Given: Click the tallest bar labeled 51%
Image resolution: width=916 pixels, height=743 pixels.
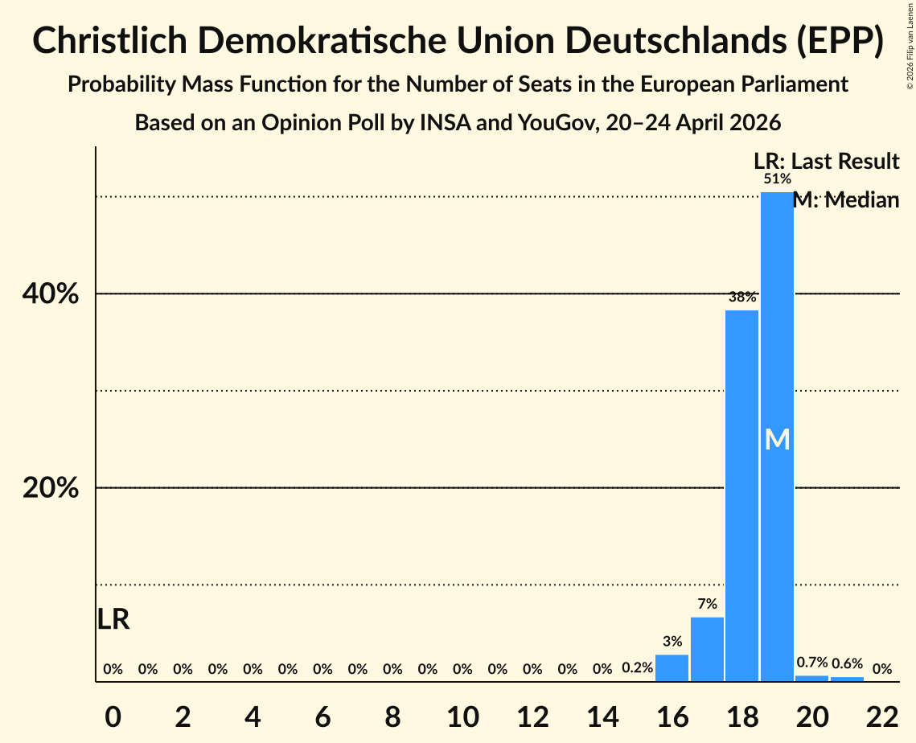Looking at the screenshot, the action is [777, 437].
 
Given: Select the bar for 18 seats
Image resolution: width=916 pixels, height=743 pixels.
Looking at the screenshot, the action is [742, 496].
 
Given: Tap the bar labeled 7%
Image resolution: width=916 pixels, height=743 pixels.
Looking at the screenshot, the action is [707, 650].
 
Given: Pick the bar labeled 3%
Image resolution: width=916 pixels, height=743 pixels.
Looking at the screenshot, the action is [672, 668].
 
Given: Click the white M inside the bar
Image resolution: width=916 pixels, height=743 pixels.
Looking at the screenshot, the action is [777, 439].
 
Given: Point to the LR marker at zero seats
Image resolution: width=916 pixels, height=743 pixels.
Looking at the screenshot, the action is [113, 619].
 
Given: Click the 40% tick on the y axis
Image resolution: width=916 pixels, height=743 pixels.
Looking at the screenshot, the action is [50, 294].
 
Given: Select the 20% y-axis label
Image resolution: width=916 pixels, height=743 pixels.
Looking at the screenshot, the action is [50, 488].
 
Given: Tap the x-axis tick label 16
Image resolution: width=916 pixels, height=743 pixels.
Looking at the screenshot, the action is [672, 716].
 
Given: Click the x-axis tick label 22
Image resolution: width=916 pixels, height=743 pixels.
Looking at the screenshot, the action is [882, 716].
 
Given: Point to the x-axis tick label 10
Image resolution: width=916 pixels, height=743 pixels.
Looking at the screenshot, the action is [462, 716].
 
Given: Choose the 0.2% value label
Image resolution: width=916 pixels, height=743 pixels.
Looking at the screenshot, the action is [638, 667].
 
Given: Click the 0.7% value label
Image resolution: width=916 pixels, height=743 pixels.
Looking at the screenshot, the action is [812, 663].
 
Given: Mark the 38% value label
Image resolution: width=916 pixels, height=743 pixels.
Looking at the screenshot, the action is [742, 297].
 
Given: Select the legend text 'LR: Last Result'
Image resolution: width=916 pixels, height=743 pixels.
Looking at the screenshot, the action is [827, 161].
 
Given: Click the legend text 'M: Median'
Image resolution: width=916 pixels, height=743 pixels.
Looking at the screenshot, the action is [846, 200].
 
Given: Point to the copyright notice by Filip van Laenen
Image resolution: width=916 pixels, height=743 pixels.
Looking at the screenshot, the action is [910, 45].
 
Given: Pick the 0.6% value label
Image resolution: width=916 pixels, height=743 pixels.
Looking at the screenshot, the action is [847, 663].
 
